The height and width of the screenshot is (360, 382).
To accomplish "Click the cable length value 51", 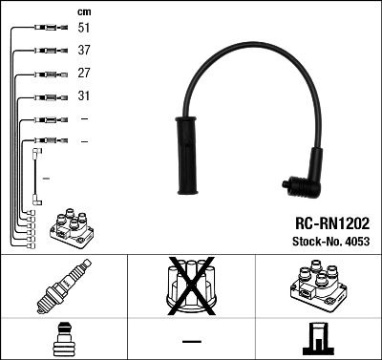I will coord(84,29).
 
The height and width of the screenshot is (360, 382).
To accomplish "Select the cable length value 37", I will coord(84,51).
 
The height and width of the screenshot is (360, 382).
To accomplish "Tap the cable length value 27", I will coord(84,74).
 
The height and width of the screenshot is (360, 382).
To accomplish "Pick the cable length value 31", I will coord(84,96).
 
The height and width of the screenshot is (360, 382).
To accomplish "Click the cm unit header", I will coord(83,11).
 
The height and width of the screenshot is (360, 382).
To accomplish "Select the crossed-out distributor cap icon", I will coord(191,288).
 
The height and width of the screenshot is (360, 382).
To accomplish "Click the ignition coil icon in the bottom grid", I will coord(317,288).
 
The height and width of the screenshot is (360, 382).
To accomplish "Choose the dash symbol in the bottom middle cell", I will coord(191,341).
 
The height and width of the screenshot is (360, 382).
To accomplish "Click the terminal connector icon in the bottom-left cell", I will coord(63,340).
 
